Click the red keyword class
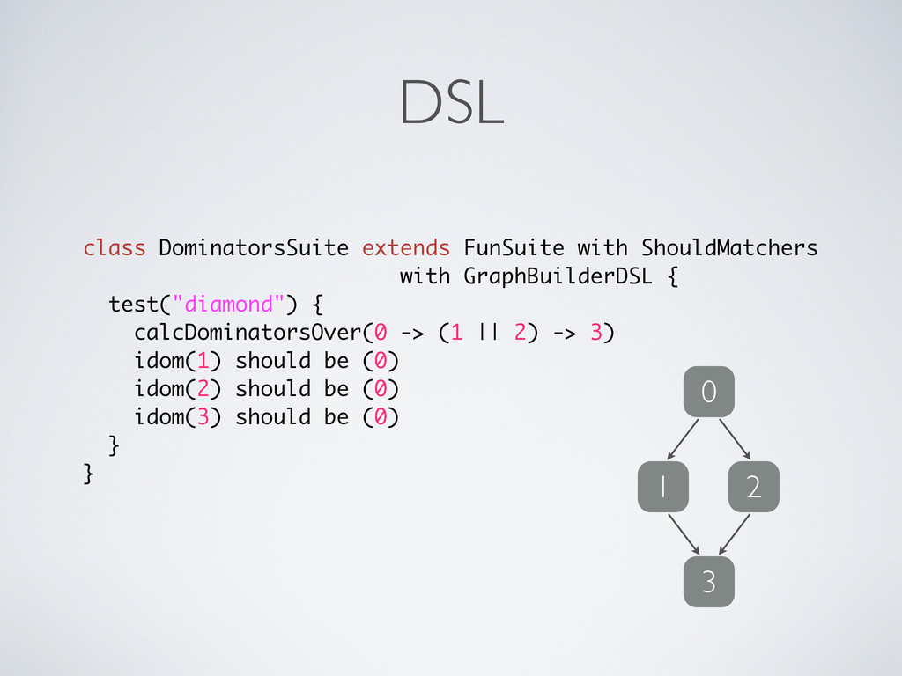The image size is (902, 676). coord(115,248)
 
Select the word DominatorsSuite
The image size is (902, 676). coord(254,248)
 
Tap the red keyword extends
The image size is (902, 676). coord(406,248)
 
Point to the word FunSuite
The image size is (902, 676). coord(514,248)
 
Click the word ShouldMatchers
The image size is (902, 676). coord(729,248)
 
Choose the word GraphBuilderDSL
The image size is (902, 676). coord(558,276)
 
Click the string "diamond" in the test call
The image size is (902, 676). coord(228,305)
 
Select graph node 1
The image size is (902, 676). coord(663,487)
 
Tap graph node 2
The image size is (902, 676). coord(753,487)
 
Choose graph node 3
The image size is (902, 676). coord(708,582)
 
